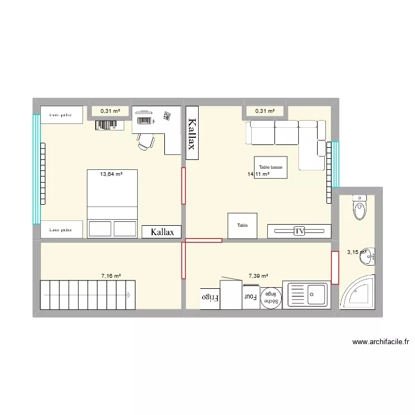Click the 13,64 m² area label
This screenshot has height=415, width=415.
pos(111,174)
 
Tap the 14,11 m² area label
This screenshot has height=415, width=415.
pos(258,174)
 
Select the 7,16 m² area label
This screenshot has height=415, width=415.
pos(111,275)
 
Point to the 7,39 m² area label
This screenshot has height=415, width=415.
pos(258,275)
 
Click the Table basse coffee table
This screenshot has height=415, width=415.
pos(271,167)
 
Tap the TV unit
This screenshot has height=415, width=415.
pos(299,231)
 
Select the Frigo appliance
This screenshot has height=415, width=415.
pos(210,298)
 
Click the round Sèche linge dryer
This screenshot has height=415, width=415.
pos(271,297)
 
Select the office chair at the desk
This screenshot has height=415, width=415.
pos(146,141)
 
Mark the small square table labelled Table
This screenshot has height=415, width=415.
pos(242,226)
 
